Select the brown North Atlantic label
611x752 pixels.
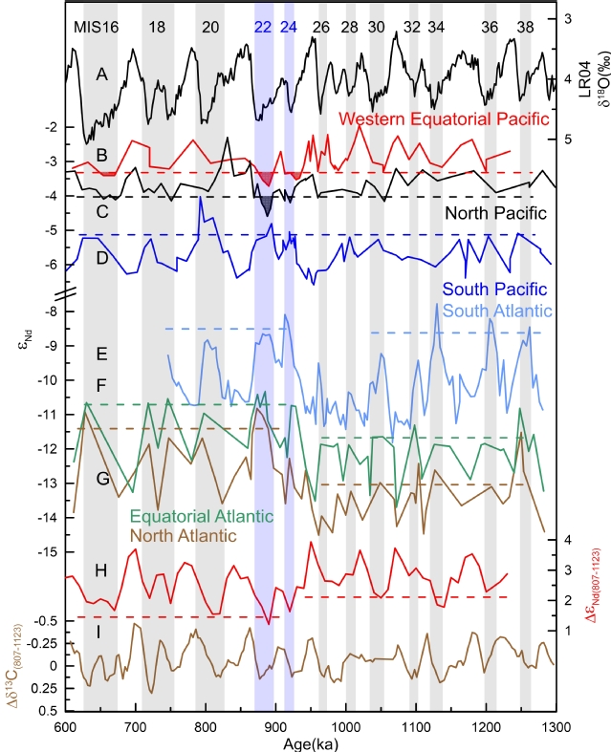[182, 536]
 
